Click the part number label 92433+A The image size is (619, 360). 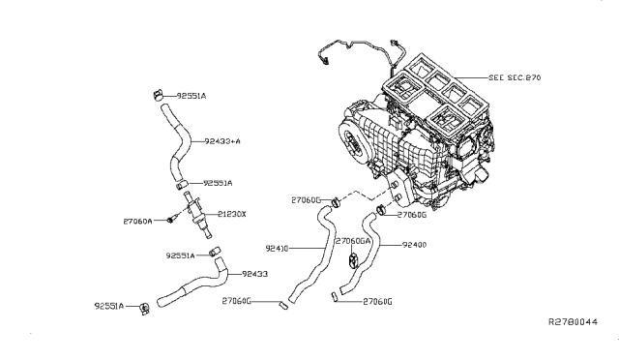click(222, 141)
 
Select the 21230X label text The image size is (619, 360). click(232, 214)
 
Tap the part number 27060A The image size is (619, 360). click(137, 222)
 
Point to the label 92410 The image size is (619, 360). click(278, 249)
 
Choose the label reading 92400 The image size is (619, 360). click(414, 245)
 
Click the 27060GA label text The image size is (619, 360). click(352, 241)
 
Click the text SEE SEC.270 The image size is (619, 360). click(515, 77)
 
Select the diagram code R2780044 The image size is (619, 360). click(574, 321)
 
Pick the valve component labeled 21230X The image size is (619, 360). click(196, 214)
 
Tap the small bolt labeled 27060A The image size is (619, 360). click(170, 220)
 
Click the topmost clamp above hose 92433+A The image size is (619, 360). click(159, 95)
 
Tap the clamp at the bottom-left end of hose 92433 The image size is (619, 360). click(145, 309)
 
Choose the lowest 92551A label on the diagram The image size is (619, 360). click(109, 306)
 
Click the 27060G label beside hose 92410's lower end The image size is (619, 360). click(236, 301)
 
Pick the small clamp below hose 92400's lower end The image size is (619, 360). click(334, 297)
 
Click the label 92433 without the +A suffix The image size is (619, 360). click(254, 274)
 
